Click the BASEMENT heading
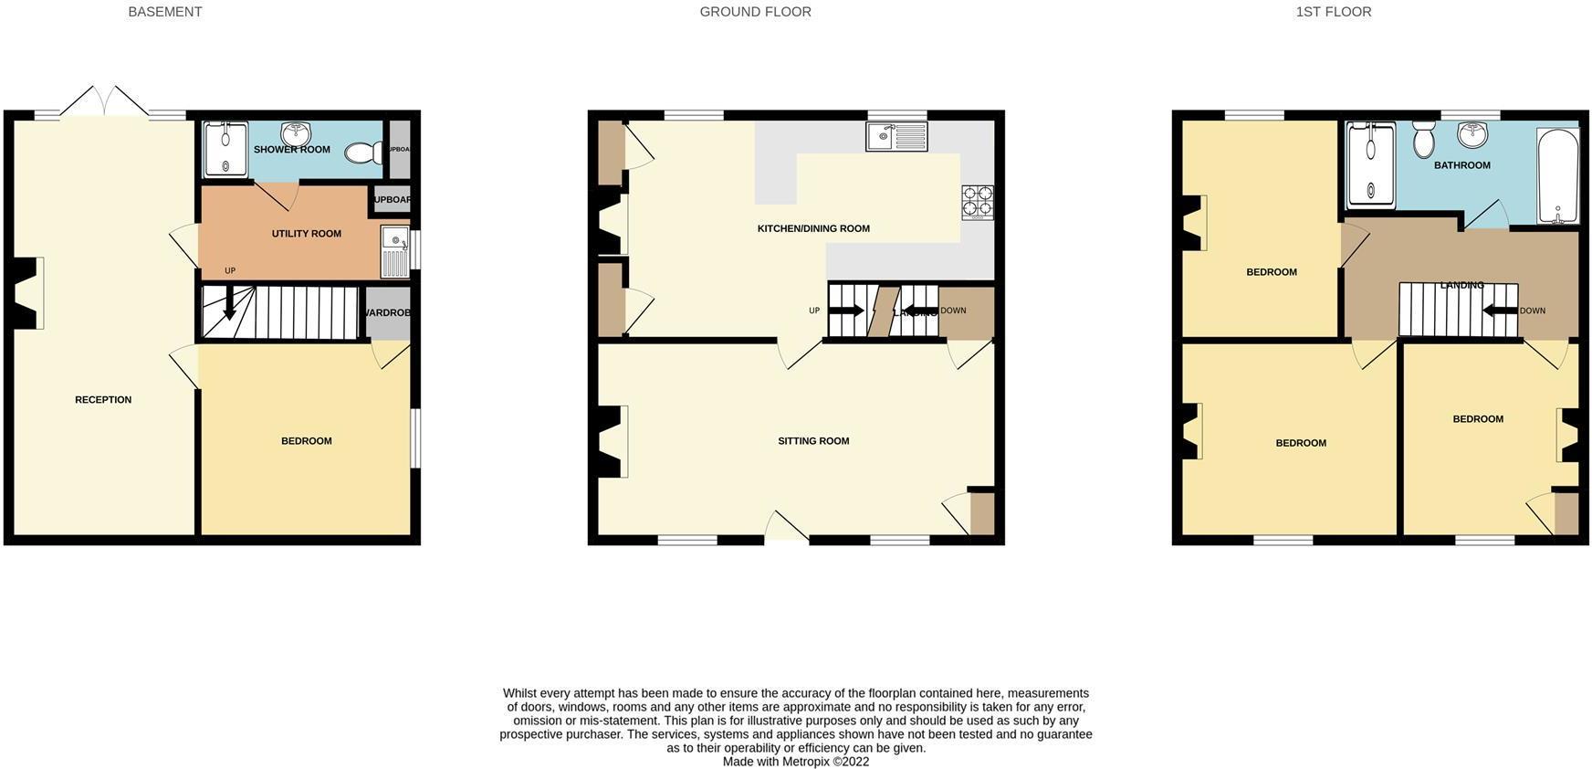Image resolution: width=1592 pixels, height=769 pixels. pos(165,12)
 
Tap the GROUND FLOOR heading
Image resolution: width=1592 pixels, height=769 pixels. pos(755,12)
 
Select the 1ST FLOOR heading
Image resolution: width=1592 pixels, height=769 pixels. pos(1333,12)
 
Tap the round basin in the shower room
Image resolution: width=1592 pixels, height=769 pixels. pos(296,134)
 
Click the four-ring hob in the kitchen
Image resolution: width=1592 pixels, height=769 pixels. pos(977,203)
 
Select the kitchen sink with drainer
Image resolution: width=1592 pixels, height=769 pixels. pos(895,137)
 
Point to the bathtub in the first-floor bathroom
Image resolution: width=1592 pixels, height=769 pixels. pos(1557,176)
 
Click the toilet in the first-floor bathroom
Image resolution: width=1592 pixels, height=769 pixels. pos(1423,140)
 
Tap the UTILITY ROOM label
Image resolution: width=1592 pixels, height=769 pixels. pos(307,234)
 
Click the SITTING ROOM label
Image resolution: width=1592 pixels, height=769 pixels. pos(813,441)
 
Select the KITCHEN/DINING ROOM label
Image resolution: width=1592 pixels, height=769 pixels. pos(813,228)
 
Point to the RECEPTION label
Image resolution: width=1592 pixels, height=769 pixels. pos(103,400)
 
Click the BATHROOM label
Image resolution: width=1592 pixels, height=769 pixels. pos(1461,165)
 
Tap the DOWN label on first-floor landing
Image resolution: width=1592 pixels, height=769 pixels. pos(1533,311)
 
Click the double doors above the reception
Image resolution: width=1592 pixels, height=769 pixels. pos(104,101)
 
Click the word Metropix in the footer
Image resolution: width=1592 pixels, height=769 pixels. pos(806,762)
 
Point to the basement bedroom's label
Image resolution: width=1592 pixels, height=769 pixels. pos(307,441)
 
